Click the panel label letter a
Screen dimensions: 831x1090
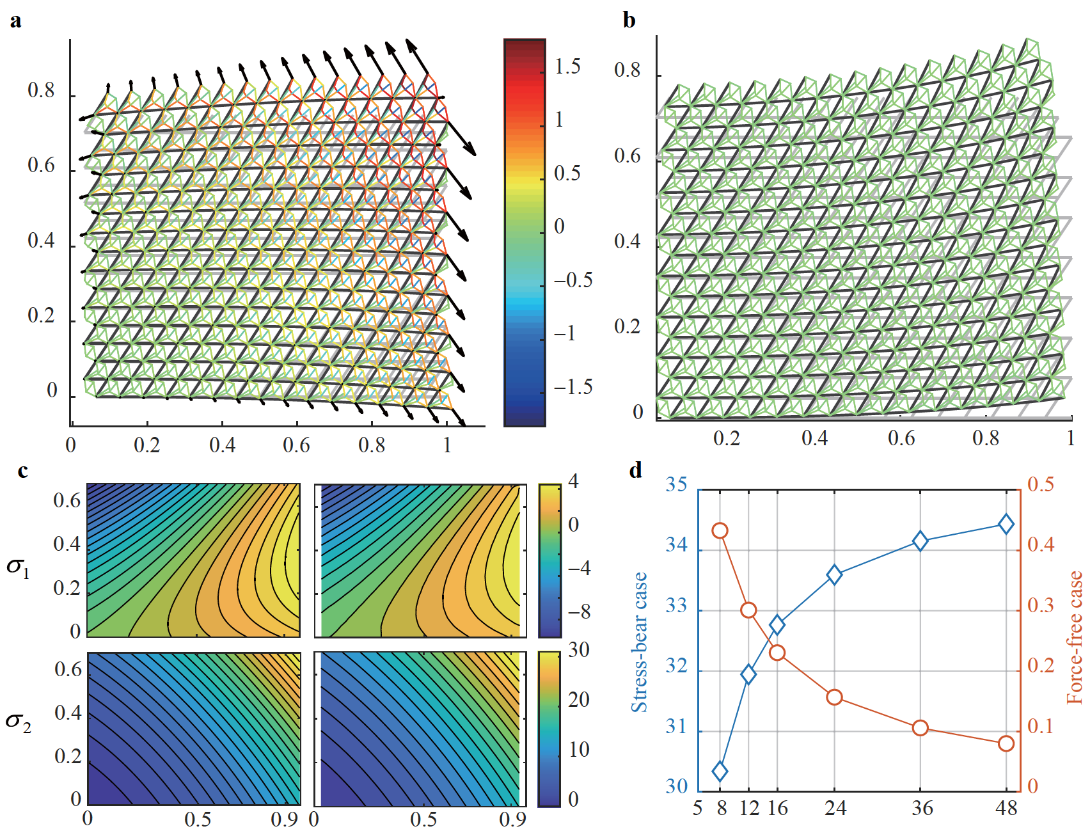(x=15, y=21)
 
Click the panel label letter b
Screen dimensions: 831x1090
(x=629, y=21)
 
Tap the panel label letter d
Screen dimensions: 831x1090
(x=635, y=471)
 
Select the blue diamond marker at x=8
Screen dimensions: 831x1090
(x=720, y=772)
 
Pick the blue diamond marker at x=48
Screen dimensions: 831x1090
(x=1006, y=525)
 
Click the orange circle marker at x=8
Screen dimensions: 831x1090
(x=720, y=530)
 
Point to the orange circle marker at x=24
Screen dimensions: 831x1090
(x=834, y=697)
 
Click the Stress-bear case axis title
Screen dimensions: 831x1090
(x=639, y=642)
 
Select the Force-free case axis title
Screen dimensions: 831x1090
(x=1075, y=637)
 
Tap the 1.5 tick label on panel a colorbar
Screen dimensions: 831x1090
(x=567, y=67)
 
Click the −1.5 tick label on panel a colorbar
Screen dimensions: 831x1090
(x=573, y=387)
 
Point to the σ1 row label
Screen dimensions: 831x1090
(x=18, y=567)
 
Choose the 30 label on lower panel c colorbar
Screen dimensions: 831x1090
(x=578, y=650)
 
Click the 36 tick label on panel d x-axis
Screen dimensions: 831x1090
(x=922, y=809)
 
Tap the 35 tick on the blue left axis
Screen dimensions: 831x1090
(x=676, y=484)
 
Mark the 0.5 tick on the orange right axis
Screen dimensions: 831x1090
(x=1041, y=484)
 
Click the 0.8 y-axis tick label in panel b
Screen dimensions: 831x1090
(x=627, y=70)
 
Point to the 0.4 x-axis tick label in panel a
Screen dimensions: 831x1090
(x=221, y=445)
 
